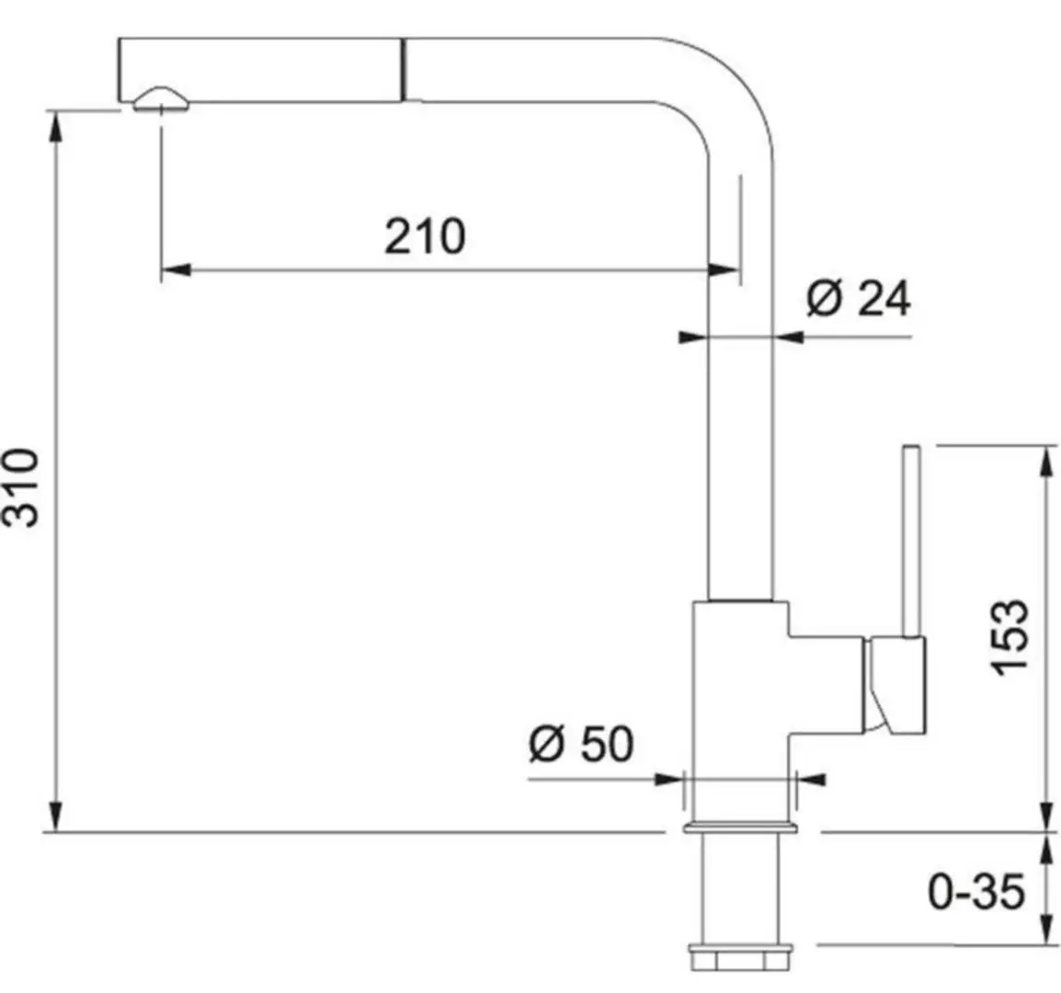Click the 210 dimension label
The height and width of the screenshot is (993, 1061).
coord(425,236)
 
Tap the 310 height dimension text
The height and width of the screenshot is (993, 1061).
coord(21,487)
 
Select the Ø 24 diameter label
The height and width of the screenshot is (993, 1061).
coord(859,299)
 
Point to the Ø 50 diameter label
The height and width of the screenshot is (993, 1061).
coord(581,744)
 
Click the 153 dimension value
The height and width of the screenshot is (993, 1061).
coord(1010,636)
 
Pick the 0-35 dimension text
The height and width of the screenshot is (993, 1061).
coord(975,891)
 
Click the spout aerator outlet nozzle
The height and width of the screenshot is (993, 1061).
coord(162,101)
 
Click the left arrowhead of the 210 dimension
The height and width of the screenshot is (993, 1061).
coord(174,269)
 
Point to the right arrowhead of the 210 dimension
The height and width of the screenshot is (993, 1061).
coord(726,269)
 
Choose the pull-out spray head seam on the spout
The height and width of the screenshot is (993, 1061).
coord(402,69)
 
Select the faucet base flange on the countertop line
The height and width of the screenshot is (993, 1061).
coord(738,828)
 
